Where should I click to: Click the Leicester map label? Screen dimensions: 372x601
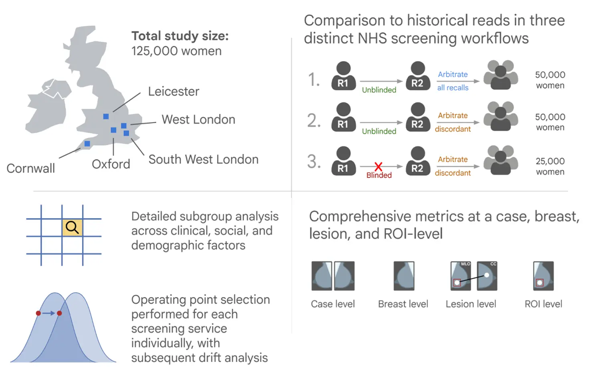point(173,91)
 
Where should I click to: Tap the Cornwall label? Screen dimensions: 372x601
point(31,168)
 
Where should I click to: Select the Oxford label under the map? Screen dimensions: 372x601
point(111,164)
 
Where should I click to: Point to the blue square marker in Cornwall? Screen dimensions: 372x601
point(87,144)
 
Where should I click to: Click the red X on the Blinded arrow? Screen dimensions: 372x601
point(378,166)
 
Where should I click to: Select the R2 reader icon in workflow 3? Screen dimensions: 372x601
point(417,160)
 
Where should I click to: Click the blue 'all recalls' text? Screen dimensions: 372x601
point(453,88)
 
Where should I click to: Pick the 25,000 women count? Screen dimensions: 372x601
point(550,166)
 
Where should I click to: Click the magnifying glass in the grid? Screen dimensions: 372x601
point(72,227)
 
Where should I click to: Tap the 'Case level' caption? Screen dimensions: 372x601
point(333,304)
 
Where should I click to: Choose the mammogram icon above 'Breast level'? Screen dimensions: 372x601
point(404,276)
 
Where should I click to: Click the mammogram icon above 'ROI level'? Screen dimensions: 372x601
point(543,276)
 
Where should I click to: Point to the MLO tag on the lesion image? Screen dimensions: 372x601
point(466,264)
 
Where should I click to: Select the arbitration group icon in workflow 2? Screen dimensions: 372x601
point(500,116)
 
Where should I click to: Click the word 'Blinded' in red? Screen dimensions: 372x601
point(379,175)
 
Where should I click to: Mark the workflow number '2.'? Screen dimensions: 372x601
point(314,120)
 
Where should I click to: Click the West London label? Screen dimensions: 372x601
point(198,119)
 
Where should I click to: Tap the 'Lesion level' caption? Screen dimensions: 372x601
point(471,304)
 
